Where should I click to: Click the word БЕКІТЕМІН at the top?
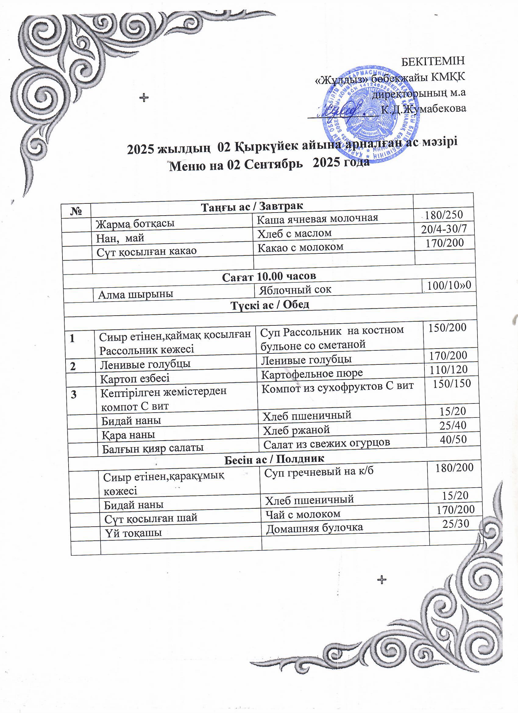click(433, 61)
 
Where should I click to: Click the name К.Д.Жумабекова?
click(423, 109)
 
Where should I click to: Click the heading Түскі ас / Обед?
click(270, 304)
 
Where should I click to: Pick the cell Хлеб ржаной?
click(296, 430)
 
